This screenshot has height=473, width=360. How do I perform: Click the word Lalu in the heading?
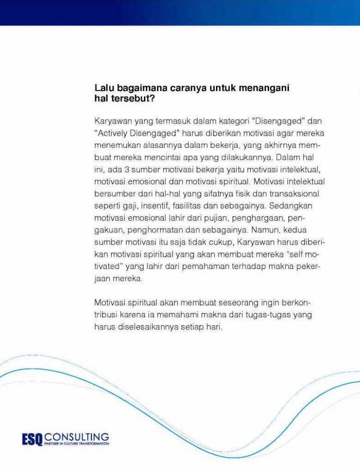[x=103, y=88]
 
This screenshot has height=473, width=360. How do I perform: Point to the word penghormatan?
[x=157, y=230]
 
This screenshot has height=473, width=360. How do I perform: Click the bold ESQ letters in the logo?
[x=32, y=438]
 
